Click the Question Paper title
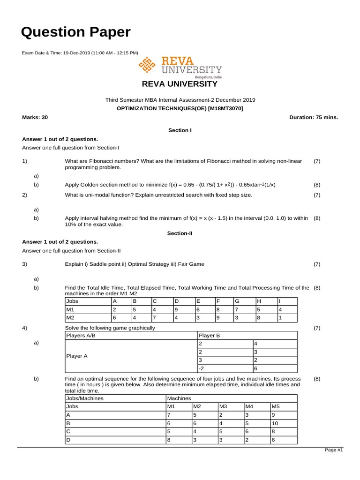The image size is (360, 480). coord(76,32)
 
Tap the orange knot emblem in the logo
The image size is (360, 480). coord(148,66)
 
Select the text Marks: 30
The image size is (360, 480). coord(35,117)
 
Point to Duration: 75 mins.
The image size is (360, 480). coord(314,117)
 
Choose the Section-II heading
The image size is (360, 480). coord(180,232)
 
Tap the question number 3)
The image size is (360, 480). coord(25,264)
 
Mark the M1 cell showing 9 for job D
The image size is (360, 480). coord(176,309)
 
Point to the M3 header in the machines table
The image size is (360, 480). coord(223,407)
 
